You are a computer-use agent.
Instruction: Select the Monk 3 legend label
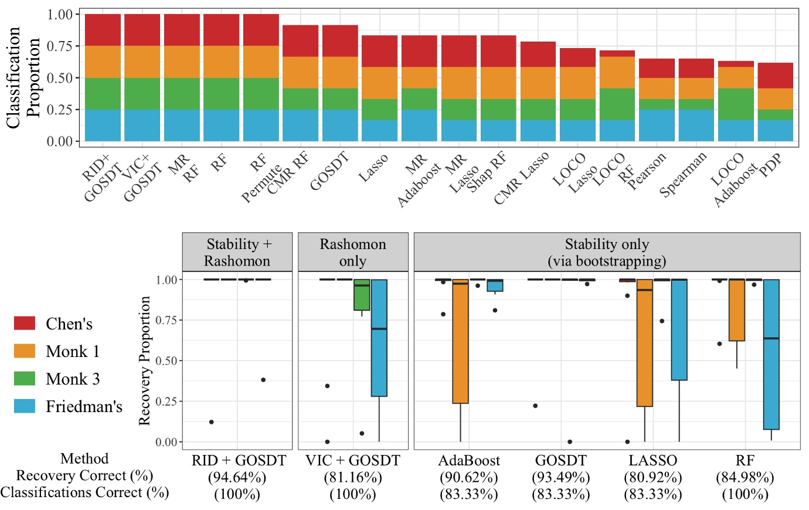pyautogui.click(x=73, y=379)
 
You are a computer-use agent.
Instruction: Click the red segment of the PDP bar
pyautogui.click(x=775, y=76)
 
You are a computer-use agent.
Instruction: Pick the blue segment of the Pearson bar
pyautogui.click(x=657, y=125)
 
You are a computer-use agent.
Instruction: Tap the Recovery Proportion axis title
pyautogui.click(x=145, y=361)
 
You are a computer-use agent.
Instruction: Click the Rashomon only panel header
pyautogui.click(x=353, y=252)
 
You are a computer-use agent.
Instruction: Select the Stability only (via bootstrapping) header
pyautogui.click(x=607, y=252)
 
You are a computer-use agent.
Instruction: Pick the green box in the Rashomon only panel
pyautogui.click(x=362, y=295)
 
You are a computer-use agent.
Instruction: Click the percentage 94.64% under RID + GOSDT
pyautogui.click(x=237, y=477)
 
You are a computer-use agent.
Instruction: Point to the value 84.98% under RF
pyautogui.click(x=745, y=477)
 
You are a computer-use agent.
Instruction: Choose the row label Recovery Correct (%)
pyautogui.click(x=84, y=475)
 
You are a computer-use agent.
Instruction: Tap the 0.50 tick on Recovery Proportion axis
pyautogui.click(x=166, y=361)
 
